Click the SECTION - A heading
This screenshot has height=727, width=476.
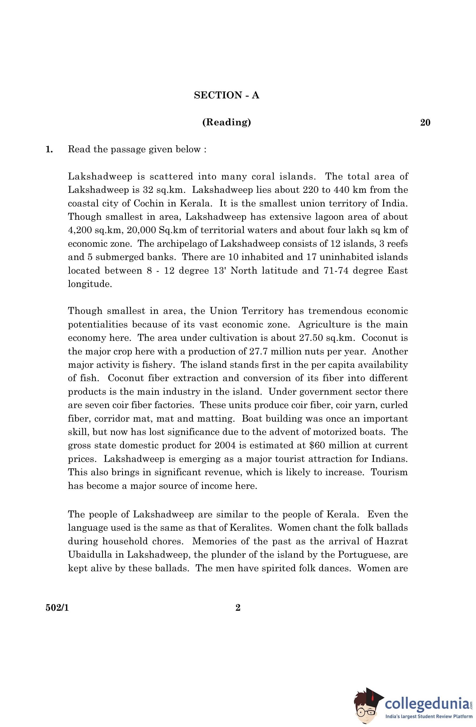coord(226,95)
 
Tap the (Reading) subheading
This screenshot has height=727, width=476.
coord(226,122)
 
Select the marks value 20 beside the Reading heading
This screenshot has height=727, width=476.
coord(425,122)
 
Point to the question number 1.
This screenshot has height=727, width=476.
coord(49,149)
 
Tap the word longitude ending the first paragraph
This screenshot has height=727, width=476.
coord(90,284)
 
